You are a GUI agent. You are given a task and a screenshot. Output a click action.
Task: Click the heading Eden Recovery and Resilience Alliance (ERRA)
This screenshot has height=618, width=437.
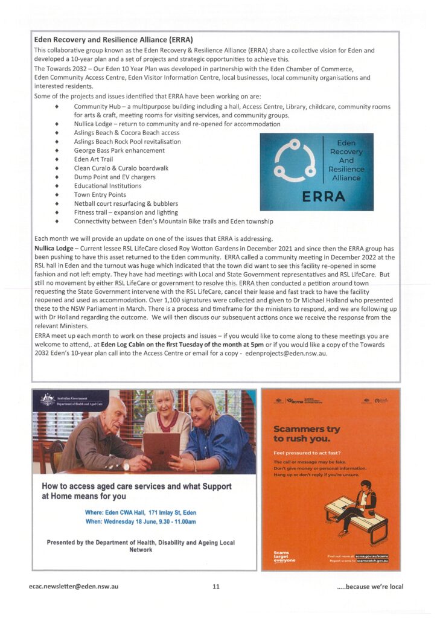click(x=113, y=40)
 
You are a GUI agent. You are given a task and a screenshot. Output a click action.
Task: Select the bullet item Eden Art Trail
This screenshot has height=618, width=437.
click(x=94, y=159)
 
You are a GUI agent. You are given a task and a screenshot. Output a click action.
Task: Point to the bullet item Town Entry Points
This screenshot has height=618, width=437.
click(x=100, y=195)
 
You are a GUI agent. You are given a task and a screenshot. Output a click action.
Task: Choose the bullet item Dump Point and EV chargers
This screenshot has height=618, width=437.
click(x=115, y=177)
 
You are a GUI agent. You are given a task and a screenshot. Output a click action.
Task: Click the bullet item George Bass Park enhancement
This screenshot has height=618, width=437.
click(x=119, y=150)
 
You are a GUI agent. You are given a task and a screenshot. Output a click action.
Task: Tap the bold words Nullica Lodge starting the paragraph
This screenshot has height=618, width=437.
click(x=54, y=249)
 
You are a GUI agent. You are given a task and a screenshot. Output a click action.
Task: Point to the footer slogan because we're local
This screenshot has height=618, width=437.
click(x=370, y=586)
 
